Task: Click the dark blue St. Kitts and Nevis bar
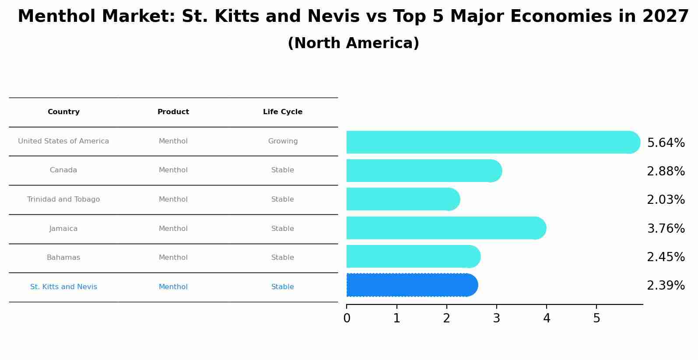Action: [x=411, y=285]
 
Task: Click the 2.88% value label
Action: [x=666, y=171]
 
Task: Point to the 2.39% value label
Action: [x=666, y=286]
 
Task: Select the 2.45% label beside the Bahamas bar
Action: [x=666, y=257]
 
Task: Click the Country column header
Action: [x=63, y=112]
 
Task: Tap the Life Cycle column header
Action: [x=283, y=112]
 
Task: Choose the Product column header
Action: [x=173, y=112]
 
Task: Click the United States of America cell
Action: [x=63, y=141]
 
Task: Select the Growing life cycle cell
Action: [x=283, y=141]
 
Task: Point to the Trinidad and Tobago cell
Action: [x=63, y=199]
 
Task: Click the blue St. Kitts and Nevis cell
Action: [x=63, y=287]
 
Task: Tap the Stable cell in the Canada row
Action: [x=283, y=170]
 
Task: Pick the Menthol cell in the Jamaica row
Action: [x=173, y=229]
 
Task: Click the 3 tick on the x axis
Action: [x=496, y=318]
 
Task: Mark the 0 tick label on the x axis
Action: [x=347, y=318]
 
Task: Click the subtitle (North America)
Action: [x=353, y=43]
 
